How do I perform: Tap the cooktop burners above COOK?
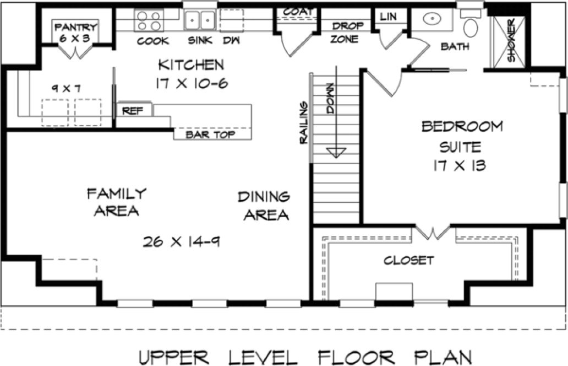coord(148,21)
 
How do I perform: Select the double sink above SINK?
coord(199,21)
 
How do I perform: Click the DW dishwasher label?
coord(230,40)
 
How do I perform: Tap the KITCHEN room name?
coord(191,65)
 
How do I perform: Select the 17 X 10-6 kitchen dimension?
coord(191,84)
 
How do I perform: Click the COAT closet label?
coord(298,12)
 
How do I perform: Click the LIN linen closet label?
coord(388,17)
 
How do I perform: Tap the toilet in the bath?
coord(471,25)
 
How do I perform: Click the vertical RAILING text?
coord(303,123)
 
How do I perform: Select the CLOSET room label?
coord(408,260)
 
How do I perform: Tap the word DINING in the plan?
coord(264,197)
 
